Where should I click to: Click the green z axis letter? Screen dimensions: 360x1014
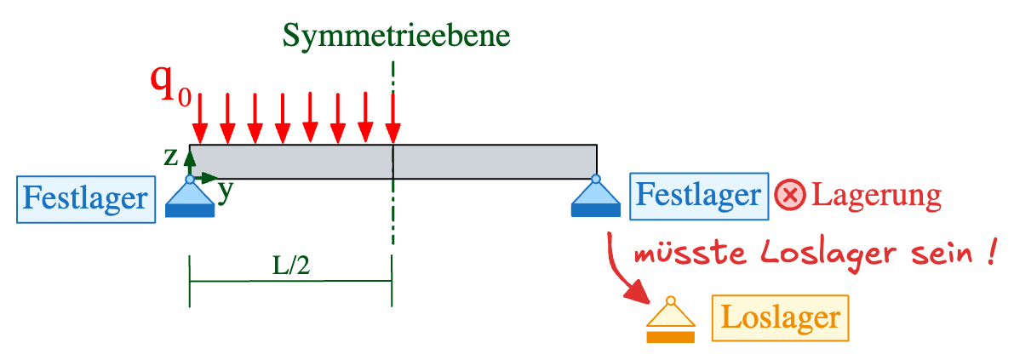coord(171,156)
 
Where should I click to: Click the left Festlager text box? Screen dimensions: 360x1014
coord(85,199)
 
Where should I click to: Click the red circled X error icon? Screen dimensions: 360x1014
coord(790,196)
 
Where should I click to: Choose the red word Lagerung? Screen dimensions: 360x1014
coord(876,196)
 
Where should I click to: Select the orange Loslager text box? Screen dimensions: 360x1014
coord(781,318)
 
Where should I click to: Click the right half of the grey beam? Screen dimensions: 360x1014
coord(495,162)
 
